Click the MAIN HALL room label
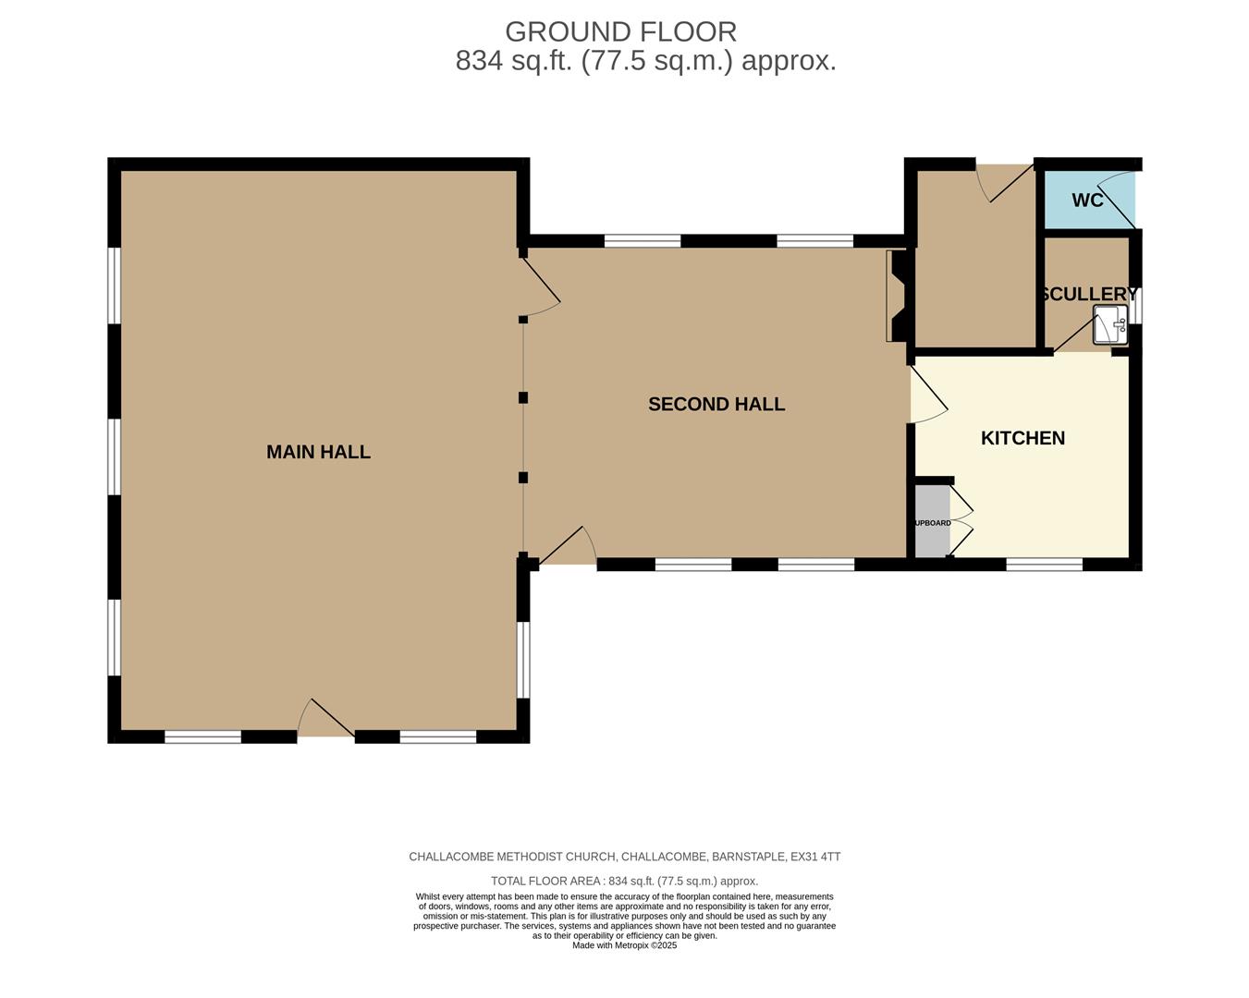click(x=318, y=452)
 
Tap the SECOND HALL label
click(x=716, y=404)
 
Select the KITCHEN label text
click(x=1022, y=438)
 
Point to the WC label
click(x=1087, y=201)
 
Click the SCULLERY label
click(x=1088, y=294)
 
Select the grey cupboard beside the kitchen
click(x=932, y=522)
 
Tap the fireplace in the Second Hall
click(x=898, y=296)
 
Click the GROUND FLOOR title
click(x=620, y=31)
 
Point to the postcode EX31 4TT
click(x=814, y=857)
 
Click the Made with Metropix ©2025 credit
click(x=624, y=945)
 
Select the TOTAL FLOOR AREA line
click(x=624, y=881)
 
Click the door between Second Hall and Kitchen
click(x=927, y=396)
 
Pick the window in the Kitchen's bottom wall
click(x=1044, y=565)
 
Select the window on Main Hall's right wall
click(x=523, y=660)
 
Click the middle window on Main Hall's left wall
click(x=114, y=457)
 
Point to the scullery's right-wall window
click(x=1138, y=305)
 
